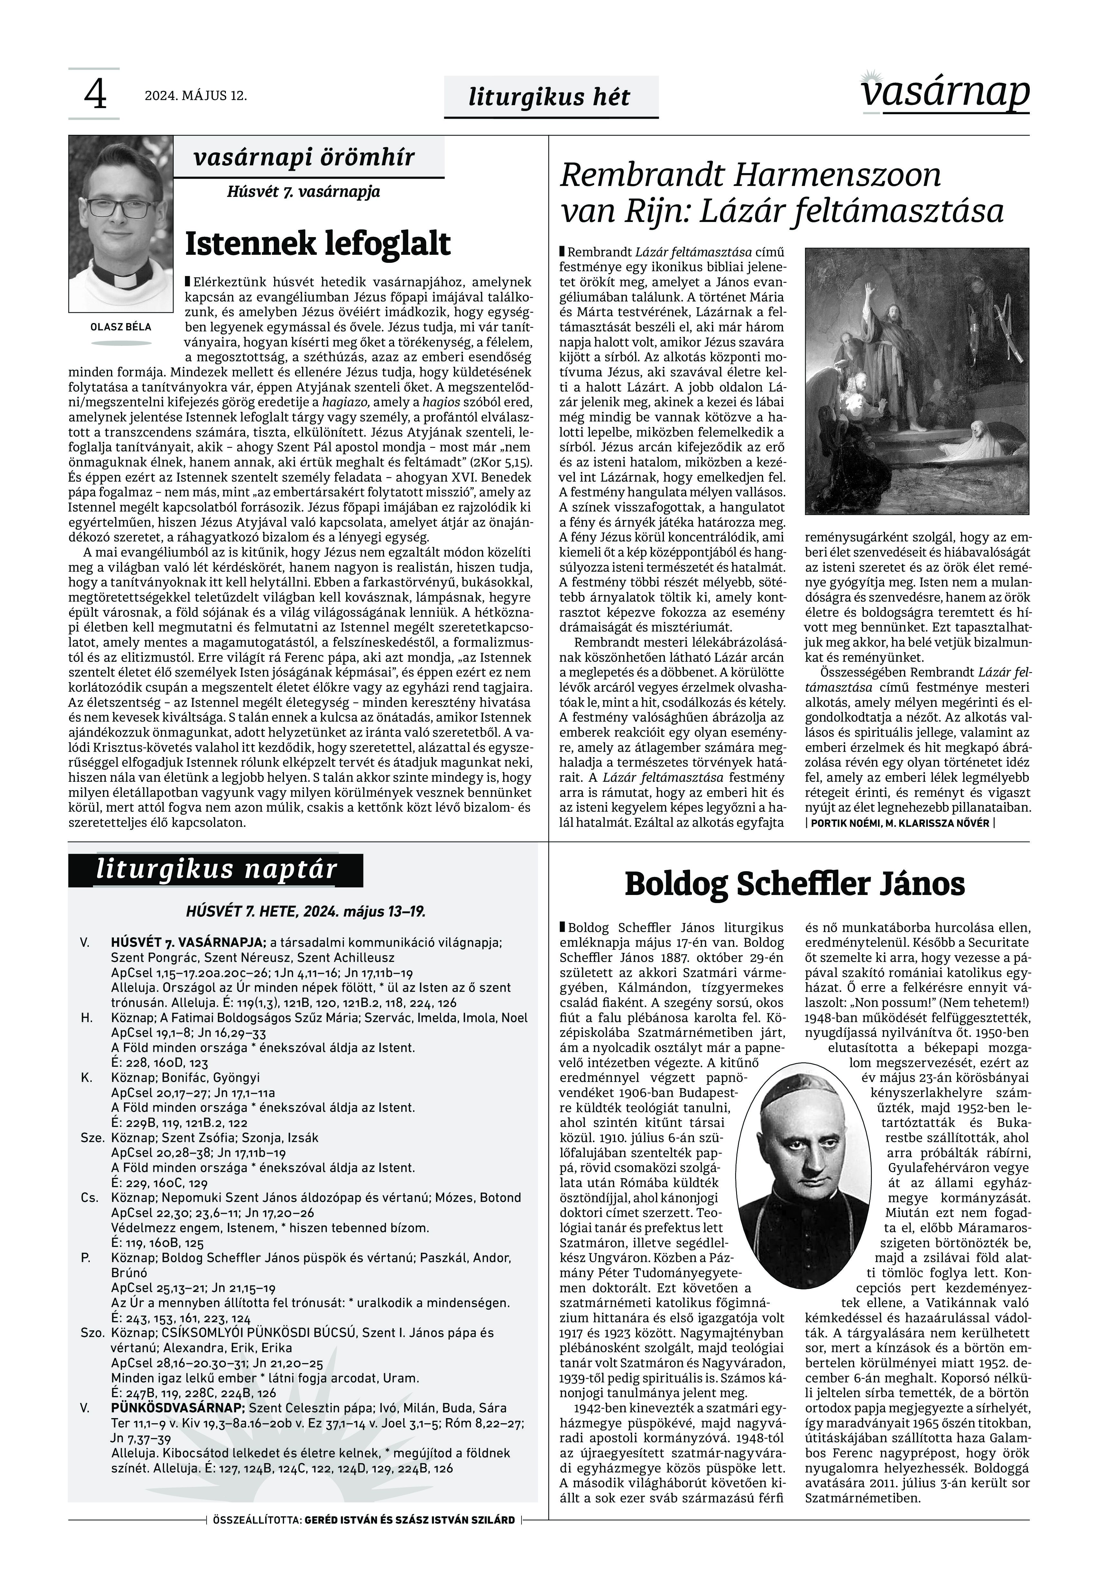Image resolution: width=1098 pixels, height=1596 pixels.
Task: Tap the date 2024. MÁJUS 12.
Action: pos(195,96)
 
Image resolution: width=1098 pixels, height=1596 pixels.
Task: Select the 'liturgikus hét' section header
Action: pos(549,97)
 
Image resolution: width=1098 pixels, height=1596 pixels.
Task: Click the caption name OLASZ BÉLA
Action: pos(121,327)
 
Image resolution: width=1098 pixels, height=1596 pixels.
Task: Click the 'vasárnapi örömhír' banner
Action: pos(304,158)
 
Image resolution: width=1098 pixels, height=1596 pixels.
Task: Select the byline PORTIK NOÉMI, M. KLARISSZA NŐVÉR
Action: pos(900,824)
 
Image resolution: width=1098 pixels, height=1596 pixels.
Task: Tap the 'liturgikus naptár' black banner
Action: pos(216,870)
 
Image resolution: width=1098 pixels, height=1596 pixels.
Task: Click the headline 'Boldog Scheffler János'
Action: pos(795,884)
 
